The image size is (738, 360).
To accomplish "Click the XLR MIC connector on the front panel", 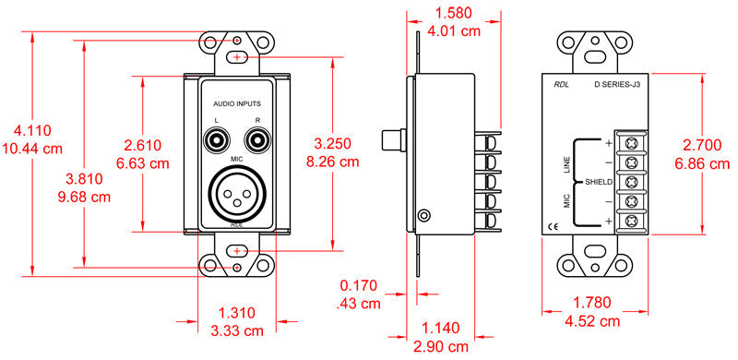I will point(238,193).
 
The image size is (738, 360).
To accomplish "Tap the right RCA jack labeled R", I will point(257,141).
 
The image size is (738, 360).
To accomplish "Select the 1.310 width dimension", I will point(237,312).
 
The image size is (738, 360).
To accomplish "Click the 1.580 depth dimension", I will point(457,14).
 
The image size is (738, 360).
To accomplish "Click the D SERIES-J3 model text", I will point(617,85).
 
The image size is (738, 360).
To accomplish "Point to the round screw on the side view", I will point(423,216).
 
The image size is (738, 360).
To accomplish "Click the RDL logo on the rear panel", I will point(561,85).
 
